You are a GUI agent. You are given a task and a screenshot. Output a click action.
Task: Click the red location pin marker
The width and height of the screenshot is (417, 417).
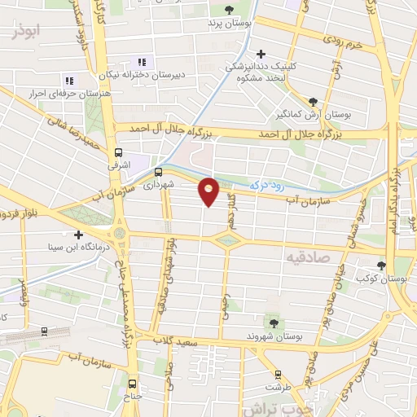[x=209, y=191]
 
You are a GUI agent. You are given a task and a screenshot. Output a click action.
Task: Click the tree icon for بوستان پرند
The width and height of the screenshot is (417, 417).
[x=227, y=10]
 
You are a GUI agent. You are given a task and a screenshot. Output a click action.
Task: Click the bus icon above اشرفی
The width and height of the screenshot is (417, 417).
[x=119, y=152]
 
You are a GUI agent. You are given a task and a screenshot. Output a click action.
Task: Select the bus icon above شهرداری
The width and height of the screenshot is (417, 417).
[x=158, y=172]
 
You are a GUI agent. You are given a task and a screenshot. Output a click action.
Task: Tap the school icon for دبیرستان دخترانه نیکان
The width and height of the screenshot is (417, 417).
[x=143, y=62]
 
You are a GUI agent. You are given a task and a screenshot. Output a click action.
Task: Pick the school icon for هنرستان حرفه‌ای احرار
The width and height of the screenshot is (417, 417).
[x=69, y=81]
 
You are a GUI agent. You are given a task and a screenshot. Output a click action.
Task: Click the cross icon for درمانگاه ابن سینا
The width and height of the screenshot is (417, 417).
[x=78, y=235]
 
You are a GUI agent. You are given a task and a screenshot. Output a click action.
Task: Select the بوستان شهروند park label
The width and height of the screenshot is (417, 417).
[x=274, y=336]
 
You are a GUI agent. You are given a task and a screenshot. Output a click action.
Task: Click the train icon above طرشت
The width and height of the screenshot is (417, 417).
[x=279, y=375]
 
